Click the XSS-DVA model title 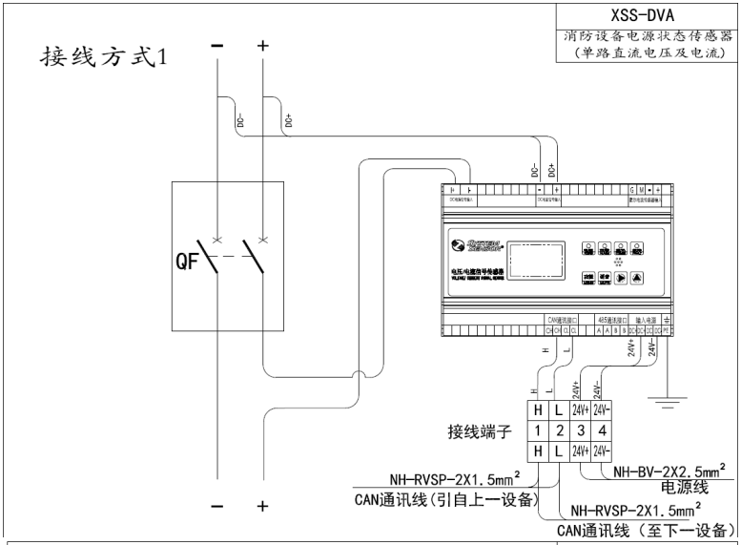pos(647,14)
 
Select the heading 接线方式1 pos(103,55)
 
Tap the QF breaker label pos(187,263)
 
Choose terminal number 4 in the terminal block pos(603,430)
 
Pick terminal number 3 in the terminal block pos(581,430)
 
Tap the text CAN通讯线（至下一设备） pos(648,531)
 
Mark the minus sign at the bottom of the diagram pos(218,507)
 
